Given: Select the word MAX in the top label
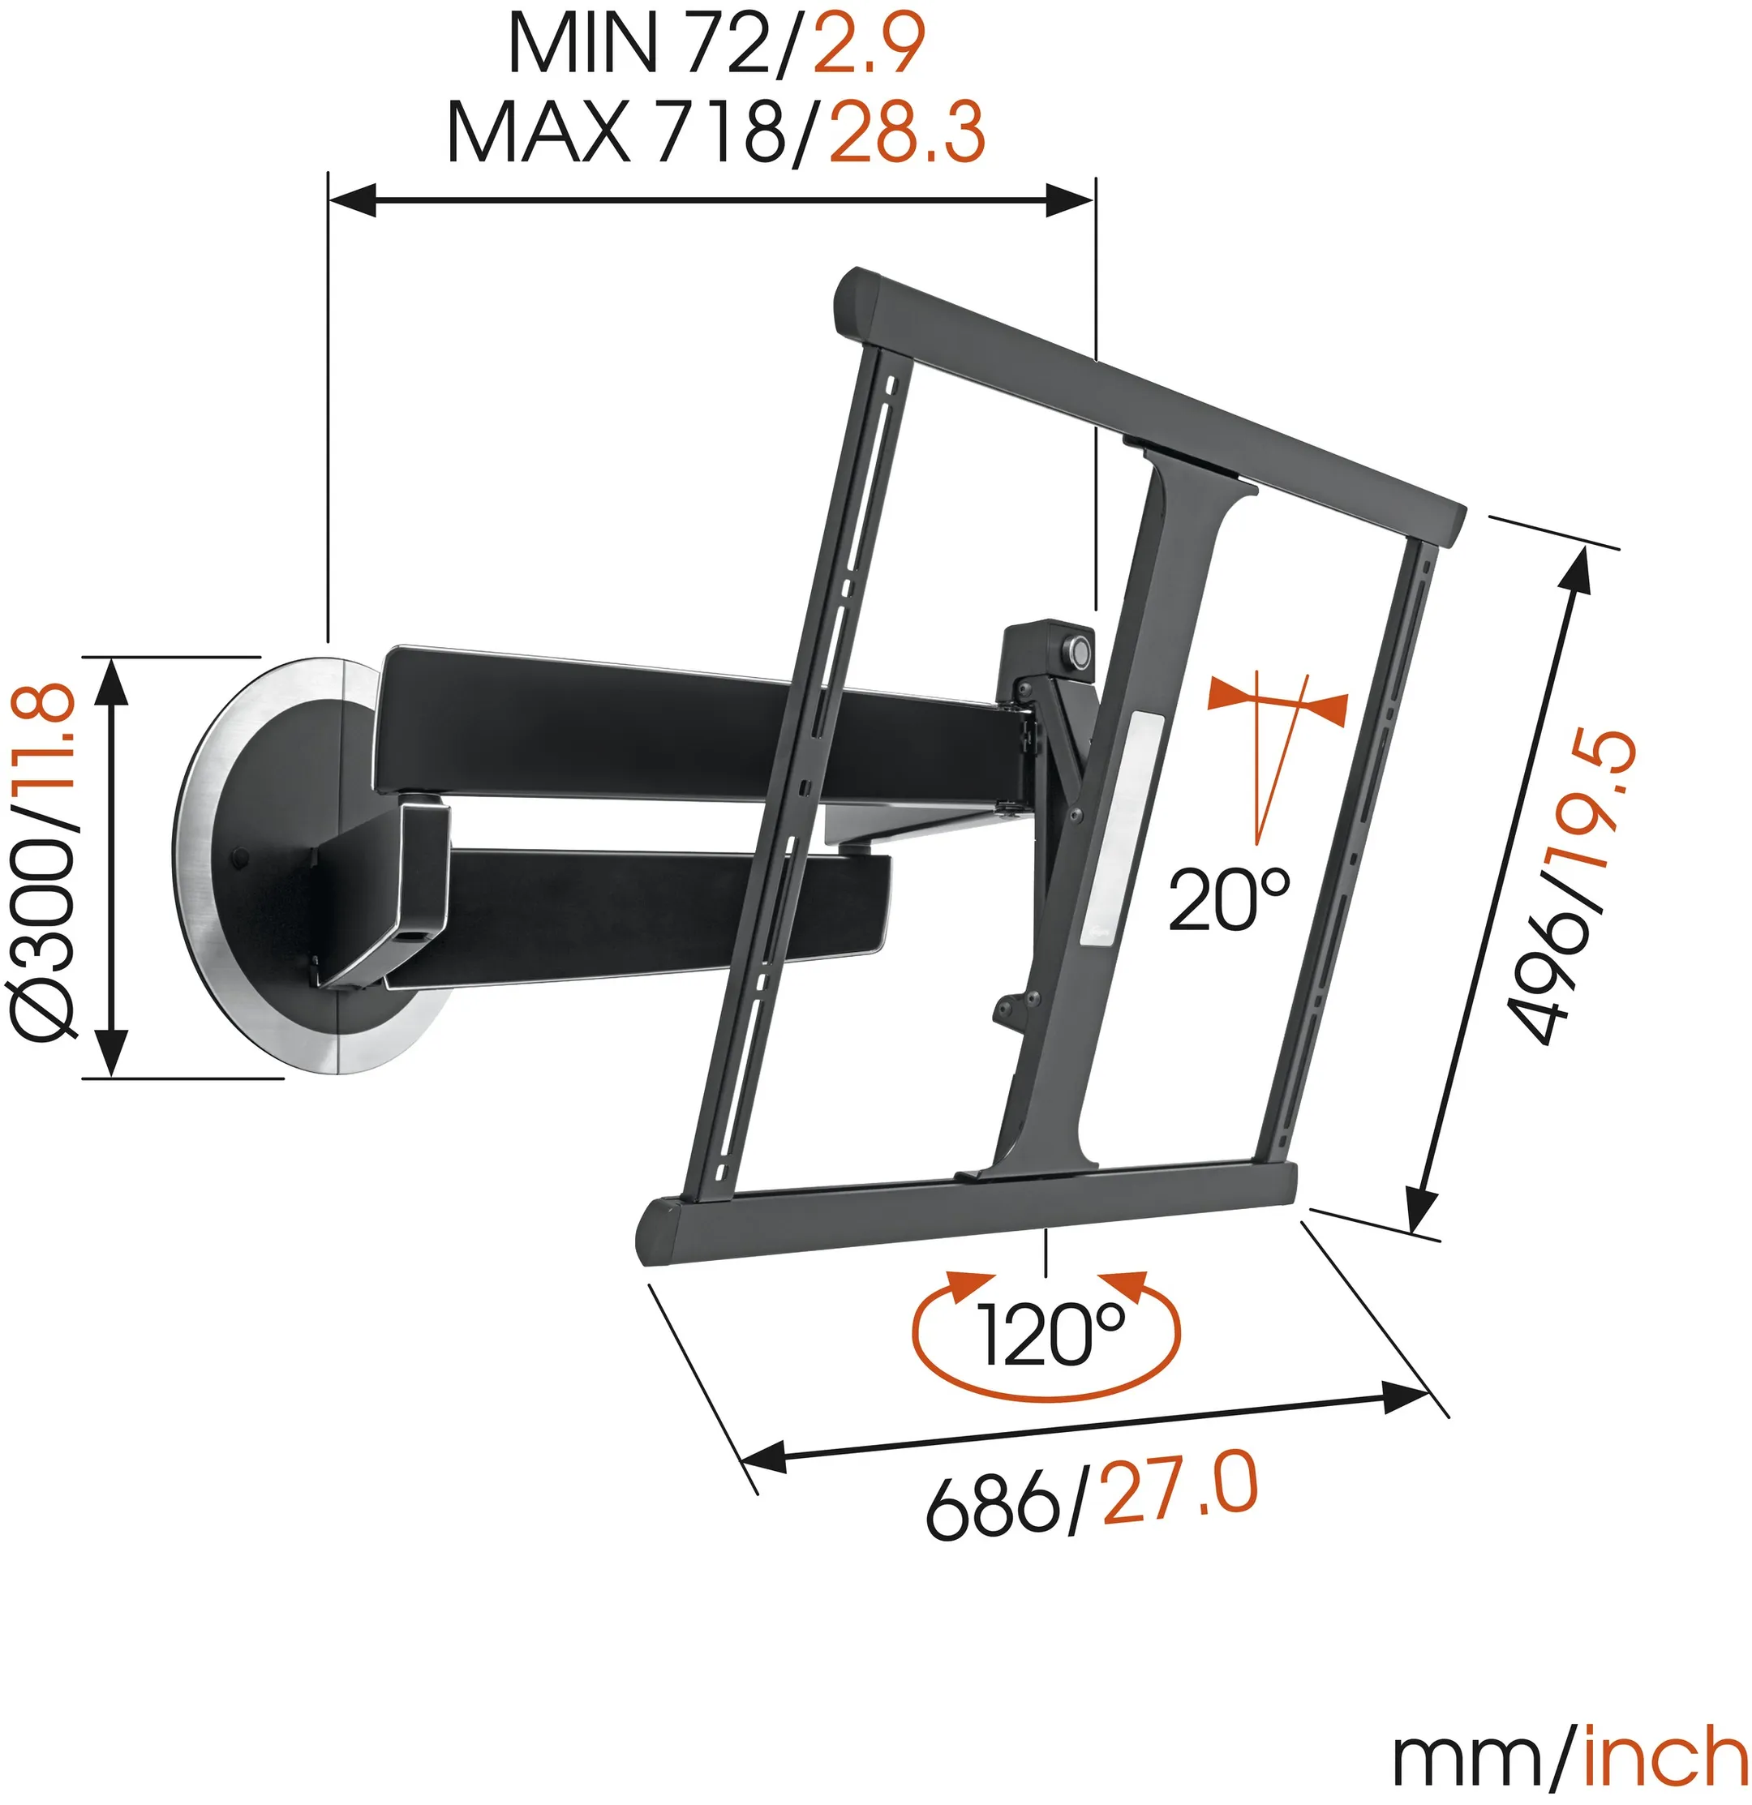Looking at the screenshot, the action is click(538, 131).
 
